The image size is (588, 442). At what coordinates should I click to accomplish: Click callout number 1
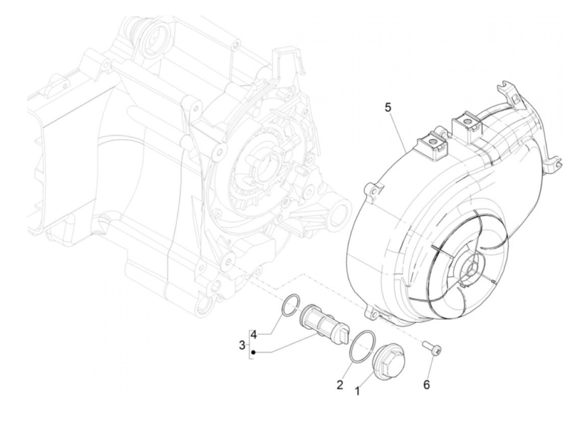[357, 391]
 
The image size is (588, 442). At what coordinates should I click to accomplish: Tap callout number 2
[340, 384]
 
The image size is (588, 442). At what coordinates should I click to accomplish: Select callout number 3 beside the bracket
[242, 346]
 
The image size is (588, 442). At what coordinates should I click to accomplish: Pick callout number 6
[426, 384]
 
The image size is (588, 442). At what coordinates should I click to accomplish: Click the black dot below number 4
[254, 352]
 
